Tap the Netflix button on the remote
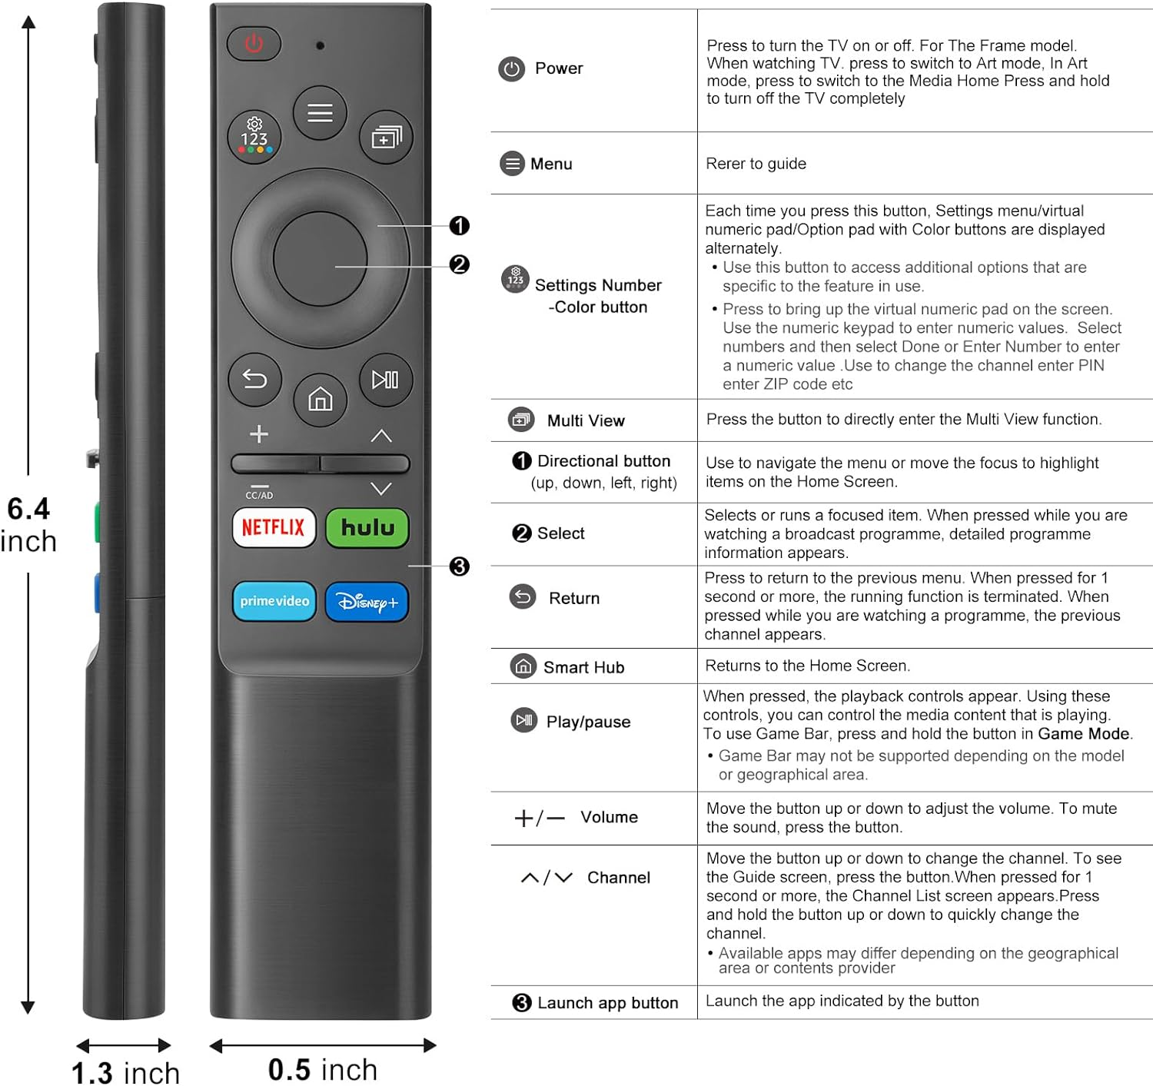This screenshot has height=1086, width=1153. pos(274,528)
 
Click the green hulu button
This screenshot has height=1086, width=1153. pos(367,528)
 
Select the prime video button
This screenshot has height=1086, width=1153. pos(274,601)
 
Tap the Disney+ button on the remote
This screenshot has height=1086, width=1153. pos(367,602)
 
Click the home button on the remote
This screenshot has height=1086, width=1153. pos(321,399)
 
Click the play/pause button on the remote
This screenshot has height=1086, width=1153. pos(386,380)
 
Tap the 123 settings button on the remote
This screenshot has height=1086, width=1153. pos(254,137)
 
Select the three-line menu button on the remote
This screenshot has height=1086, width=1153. pos(321,113)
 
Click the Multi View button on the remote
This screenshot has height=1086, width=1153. pos(386,138)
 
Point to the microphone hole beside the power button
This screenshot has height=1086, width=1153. pos(321,45)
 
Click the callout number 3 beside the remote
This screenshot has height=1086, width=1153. pos(460,566)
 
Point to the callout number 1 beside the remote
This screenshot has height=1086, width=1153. pos(460,226)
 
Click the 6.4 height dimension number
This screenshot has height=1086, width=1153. pos(28,509)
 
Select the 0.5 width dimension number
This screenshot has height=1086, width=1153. pos(289,1069)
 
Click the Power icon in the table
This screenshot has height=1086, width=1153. pos(511,69)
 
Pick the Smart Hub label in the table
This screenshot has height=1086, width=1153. pos(583,667)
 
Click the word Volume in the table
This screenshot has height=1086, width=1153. pos(609,817)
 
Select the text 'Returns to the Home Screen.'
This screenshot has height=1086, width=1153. pos(807,666)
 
